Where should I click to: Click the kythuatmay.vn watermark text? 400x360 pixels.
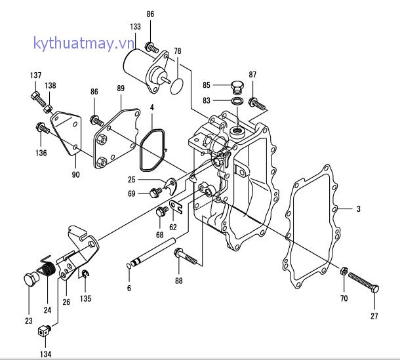point(83,44)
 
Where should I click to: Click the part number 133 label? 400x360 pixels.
point(135,27)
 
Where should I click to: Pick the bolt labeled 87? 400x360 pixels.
point(256,103)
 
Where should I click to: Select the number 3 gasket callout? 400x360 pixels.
point(358,209)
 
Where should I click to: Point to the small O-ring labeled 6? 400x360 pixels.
point(129,266)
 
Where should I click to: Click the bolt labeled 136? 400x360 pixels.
point(42,127)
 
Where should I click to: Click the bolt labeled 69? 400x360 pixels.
point(156,192)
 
